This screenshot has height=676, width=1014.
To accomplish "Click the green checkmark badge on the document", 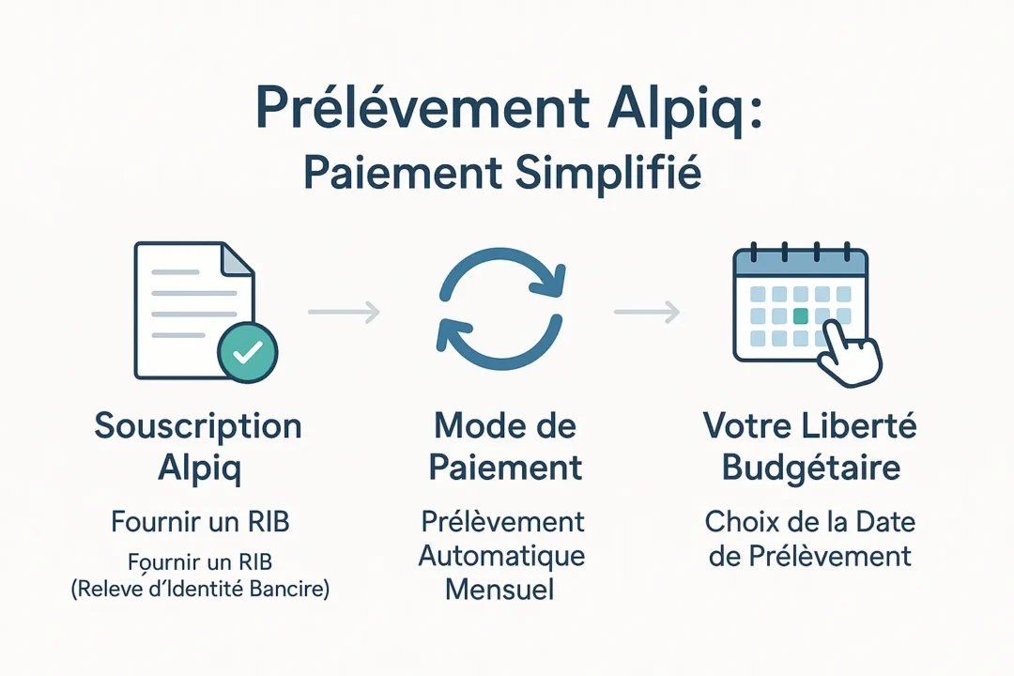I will coord(247,352).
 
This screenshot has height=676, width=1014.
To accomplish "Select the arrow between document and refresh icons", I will coord(344,312).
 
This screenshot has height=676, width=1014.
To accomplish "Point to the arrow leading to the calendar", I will coord(647,312).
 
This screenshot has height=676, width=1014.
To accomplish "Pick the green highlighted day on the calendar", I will coord(800,316).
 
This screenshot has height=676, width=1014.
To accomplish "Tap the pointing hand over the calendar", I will coord(850,354).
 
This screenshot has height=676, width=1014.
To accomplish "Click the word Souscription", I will coord(198,426).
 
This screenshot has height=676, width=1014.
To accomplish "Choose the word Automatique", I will coord(501,555).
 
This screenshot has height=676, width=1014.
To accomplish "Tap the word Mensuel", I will coord(499,590).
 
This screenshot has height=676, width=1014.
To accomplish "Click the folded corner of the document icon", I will coord(239,260).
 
